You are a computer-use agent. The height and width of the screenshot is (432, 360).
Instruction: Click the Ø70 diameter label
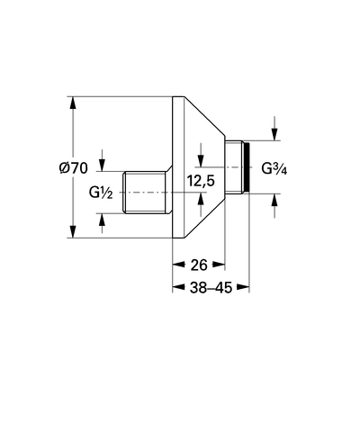tap(74, 167)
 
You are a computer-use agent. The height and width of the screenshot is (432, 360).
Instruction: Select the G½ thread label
tap(101, 193)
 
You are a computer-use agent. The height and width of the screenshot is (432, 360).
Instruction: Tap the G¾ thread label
tap(274, 168)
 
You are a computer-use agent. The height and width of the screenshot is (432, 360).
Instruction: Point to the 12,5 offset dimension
tap(201, 181)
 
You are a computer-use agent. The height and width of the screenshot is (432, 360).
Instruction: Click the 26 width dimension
tap(199, 265)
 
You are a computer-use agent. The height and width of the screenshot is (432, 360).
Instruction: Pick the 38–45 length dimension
tap(211, 288)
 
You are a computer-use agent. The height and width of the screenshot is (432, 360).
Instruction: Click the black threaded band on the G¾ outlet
tap(247, 166)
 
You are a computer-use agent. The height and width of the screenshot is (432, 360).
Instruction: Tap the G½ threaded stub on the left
tap(146, 193)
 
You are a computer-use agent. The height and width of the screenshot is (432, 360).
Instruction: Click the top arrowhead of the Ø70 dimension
tap(72, 103)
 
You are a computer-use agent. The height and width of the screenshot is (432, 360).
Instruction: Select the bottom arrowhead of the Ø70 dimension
tap(72, 231)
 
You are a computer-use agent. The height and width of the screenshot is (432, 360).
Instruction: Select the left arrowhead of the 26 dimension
tap(178, 265)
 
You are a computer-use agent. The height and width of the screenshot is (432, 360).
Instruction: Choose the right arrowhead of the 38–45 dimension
tap(243, 287)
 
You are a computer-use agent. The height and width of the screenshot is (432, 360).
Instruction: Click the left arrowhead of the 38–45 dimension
tap(179, 287)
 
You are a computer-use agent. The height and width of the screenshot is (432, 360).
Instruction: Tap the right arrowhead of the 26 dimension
tap(219, 265)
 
